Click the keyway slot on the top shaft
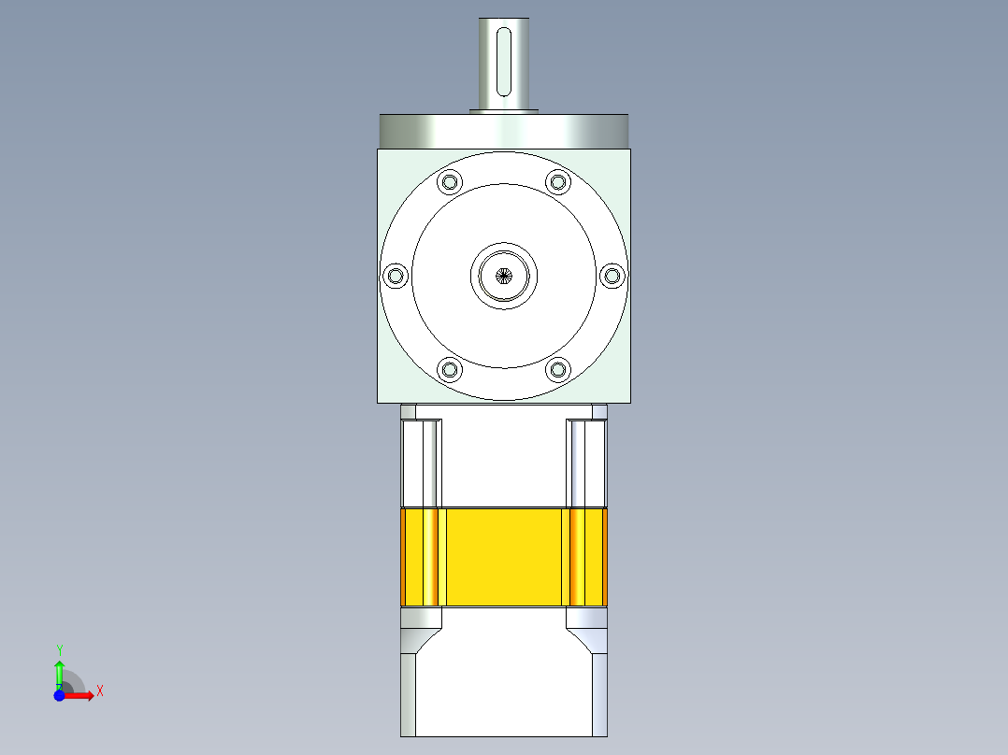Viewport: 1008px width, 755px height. (503, 62)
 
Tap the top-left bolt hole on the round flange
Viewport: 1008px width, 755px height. (450, 181)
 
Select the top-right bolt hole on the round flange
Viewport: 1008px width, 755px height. (558, 181)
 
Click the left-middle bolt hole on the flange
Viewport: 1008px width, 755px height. (396, 276)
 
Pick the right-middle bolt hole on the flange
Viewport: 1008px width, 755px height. (612, 276)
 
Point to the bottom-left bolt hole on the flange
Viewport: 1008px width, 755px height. (450, 370)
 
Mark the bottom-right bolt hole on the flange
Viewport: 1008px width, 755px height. (558, 370)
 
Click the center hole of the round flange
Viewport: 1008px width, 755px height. (504, 276)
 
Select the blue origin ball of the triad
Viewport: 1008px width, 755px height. (59, 696)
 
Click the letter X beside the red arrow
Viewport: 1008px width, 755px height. (99, 691)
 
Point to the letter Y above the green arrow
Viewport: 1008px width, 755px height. (59, 649)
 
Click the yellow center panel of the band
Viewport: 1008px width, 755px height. (503, 557)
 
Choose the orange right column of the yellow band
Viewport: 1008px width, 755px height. (586, 557)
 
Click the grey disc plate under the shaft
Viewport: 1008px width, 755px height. (503, 130)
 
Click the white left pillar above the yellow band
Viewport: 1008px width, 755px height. (420, 463)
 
